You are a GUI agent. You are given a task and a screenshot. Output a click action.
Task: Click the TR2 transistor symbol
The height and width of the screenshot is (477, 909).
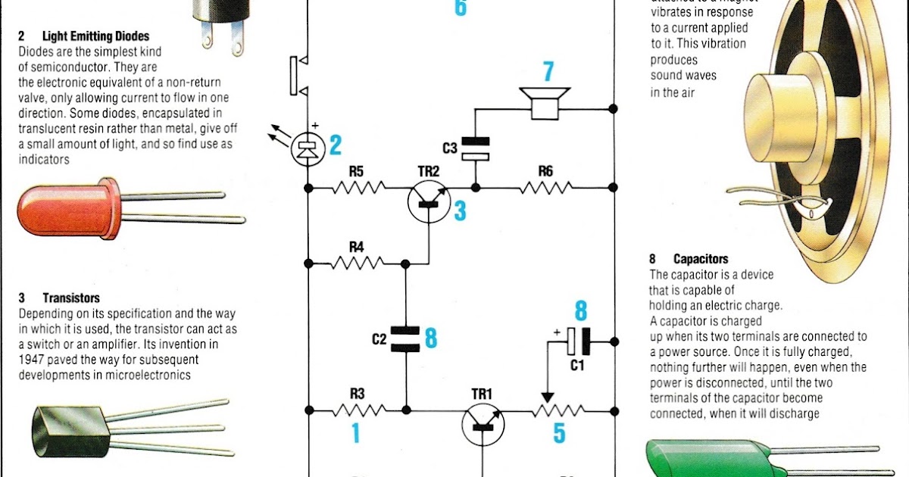click(429, 201)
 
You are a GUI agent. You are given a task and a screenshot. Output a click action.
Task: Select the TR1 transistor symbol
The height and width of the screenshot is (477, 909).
click(483, 424)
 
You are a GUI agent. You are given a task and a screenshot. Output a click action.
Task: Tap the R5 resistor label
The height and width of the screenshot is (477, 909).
click(357, 172)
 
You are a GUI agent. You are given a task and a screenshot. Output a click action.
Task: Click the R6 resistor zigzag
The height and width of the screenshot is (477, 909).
click(545, 186)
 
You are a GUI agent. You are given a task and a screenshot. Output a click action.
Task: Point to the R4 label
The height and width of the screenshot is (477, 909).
click(357, 247)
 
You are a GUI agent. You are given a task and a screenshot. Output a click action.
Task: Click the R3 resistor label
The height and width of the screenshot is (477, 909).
click(357, 394)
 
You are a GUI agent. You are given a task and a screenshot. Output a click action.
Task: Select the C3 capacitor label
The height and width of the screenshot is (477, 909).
click(450, 148)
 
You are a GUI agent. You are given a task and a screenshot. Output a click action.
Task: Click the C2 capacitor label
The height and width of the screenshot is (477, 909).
click(380, 340)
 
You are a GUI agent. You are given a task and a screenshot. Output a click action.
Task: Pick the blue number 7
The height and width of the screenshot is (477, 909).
click(547, 73)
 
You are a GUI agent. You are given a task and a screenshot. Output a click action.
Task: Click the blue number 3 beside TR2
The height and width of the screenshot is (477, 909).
click(460, 211)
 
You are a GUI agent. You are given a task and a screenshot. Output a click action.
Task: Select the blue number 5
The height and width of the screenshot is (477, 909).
click(559, 433)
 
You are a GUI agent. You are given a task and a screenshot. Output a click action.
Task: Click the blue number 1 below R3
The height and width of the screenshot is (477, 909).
click(355, 432)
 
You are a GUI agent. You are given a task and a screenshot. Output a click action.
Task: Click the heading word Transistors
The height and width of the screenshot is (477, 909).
click(71, 298)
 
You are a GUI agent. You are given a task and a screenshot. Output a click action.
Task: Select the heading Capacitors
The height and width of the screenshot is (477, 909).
click(701, 259)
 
